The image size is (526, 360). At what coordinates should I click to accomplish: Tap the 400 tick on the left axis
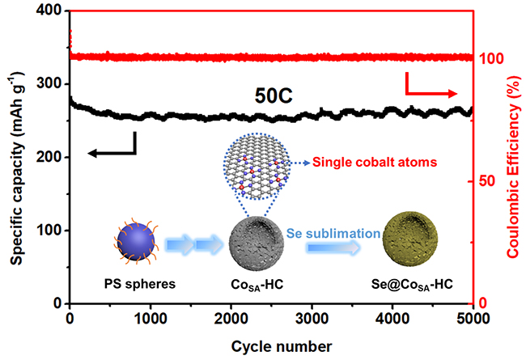pos(50,11)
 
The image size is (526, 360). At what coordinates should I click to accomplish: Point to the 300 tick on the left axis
pos(50,84)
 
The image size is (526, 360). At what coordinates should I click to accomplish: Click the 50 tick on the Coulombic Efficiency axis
pos(488,181)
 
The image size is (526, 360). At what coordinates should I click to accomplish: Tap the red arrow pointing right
pos(431,86)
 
